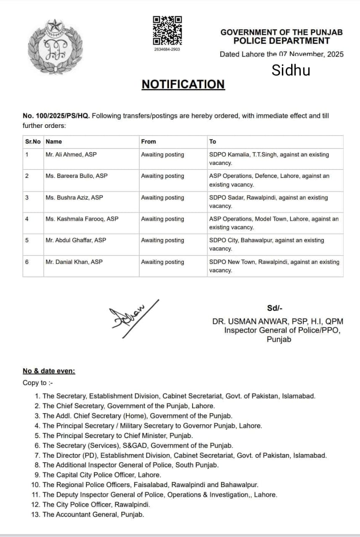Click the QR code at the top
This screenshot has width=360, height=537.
point(167,31)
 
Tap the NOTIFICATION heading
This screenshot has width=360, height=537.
point(183,84)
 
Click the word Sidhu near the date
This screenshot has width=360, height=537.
point(291,70)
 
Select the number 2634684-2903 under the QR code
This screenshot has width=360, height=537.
point(167,50)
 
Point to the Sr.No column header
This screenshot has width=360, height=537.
point(33,142)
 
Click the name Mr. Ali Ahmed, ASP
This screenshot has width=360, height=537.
point(71,155)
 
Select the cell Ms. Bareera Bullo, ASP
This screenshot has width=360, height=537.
point(76,176)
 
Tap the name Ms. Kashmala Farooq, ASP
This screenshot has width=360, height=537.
point(82,219)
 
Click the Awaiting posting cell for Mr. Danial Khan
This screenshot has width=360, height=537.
point(162,262)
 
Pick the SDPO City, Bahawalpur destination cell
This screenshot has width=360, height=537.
point(266,244)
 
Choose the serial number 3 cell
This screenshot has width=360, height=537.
point(27,198)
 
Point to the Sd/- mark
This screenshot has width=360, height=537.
point(272,308)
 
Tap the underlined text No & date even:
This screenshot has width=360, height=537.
point(49,371)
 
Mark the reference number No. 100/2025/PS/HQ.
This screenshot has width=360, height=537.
point(56,116)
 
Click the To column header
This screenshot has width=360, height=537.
point(213,142)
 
